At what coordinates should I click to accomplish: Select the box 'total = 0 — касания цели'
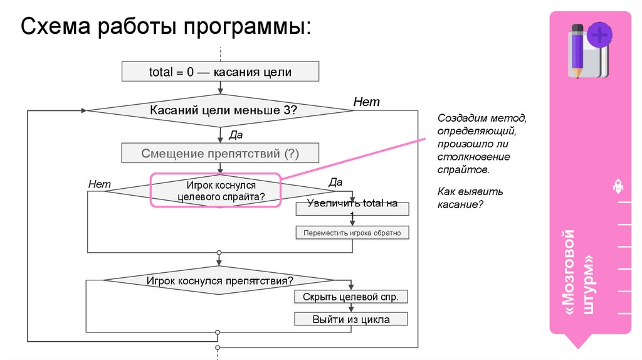pyautogui.click(x=219, y=71)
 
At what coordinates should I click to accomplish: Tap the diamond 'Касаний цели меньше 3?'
pyautogui.click(x=219, y=111)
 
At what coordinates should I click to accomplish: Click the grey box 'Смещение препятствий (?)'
pyautogui.click(x=219, y=153)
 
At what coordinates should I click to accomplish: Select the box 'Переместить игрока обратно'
pyautogui.click(x=352, y=233)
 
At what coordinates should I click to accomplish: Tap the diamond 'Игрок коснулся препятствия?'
pyautogui.click(x=219, y=281)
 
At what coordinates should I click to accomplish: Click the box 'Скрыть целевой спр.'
pyautogui.click(x=351, y=297)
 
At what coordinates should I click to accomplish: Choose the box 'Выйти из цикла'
pyautogui.click(x=351, y=319)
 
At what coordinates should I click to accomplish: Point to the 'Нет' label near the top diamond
pyautogui.click(x=366, y=102)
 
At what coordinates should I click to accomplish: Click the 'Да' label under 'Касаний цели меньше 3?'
pyautogui.click(x=236, y=134)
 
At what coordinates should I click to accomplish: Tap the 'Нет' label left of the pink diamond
pyautogui.click(x=100, y=184)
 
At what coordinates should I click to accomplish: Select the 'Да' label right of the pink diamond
pyautogui.click(x=335, y=183)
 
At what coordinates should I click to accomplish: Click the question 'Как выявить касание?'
pyautogui.click(x=461, y=198)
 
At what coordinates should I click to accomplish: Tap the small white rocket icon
pyautogui.click(x=617, y=186)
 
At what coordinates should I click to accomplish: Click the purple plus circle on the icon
pyautogui.click(x=600, y=34)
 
